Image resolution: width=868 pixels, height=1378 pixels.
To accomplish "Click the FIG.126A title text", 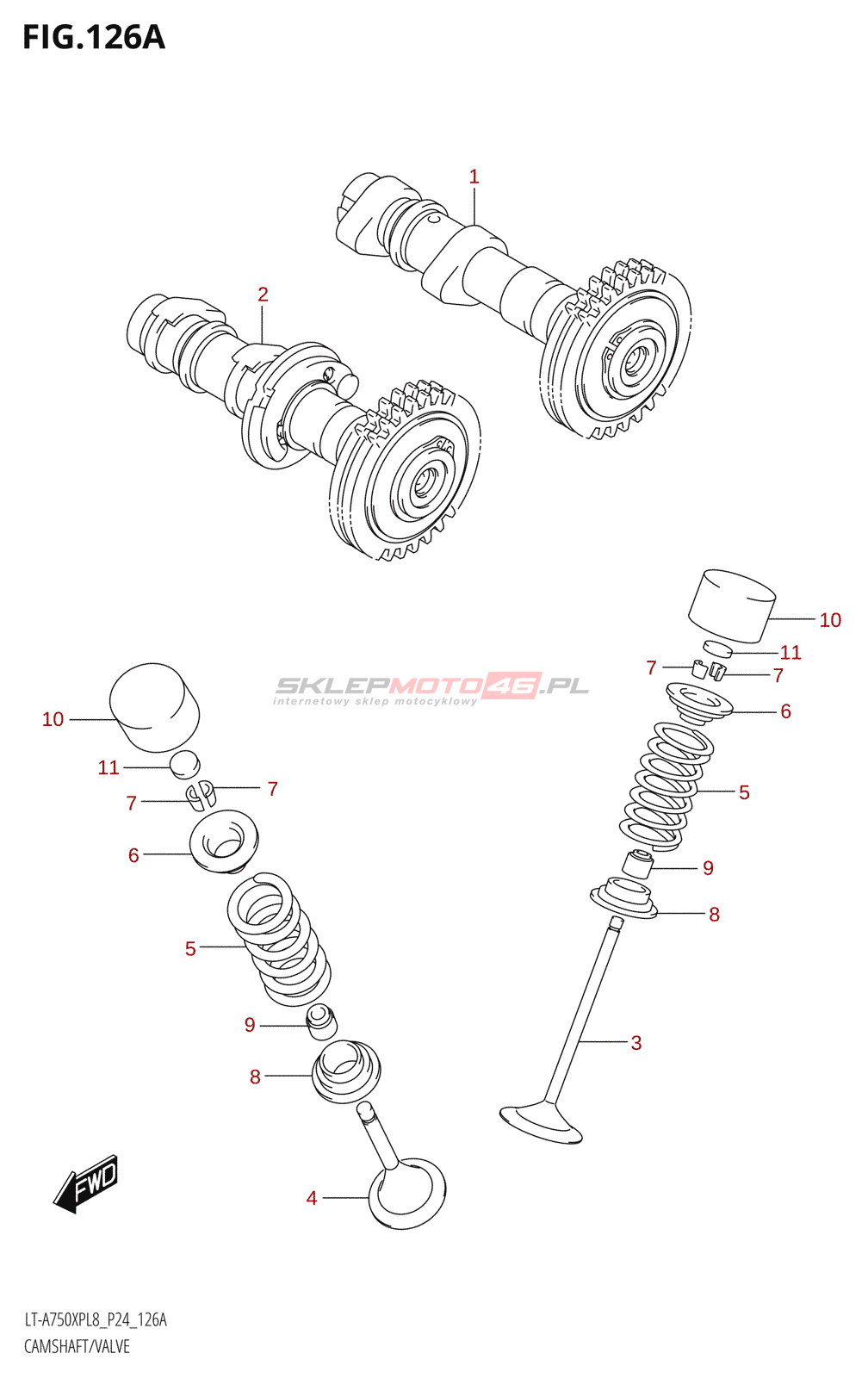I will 93,38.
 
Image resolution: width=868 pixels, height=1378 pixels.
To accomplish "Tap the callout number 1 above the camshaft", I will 474,177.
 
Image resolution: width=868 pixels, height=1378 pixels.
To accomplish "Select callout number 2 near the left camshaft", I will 263,295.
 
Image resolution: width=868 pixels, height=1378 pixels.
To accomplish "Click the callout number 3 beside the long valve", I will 636,1043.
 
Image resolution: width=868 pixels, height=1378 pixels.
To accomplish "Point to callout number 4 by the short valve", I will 312,1198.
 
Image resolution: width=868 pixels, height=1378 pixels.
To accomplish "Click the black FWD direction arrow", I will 86,1183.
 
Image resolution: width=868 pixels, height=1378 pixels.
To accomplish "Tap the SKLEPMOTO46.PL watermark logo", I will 431,688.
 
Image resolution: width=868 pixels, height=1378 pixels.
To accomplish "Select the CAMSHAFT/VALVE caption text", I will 77,1347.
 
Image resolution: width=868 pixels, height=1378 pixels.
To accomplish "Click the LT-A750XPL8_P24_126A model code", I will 96,1320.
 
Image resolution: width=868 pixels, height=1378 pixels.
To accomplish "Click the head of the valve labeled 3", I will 541,1122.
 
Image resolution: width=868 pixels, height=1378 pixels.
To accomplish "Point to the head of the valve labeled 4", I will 407,1193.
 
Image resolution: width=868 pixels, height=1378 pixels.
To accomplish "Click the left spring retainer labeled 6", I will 224,840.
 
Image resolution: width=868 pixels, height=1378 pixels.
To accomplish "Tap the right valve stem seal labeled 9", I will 638,864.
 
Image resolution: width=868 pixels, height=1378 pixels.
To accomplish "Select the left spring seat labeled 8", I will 344,1071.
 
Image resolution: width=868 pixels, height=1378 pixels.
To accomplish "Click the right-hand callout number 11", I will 790,653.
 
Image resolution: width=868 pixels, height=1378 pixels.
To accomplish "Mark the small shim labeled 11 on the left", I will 184,763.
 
